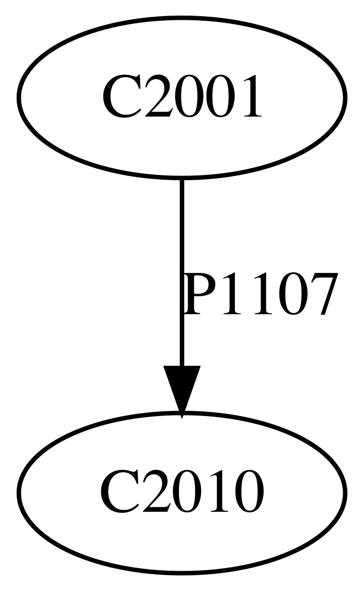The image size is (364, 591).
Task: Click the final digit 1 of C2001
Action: coord(248,96)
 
